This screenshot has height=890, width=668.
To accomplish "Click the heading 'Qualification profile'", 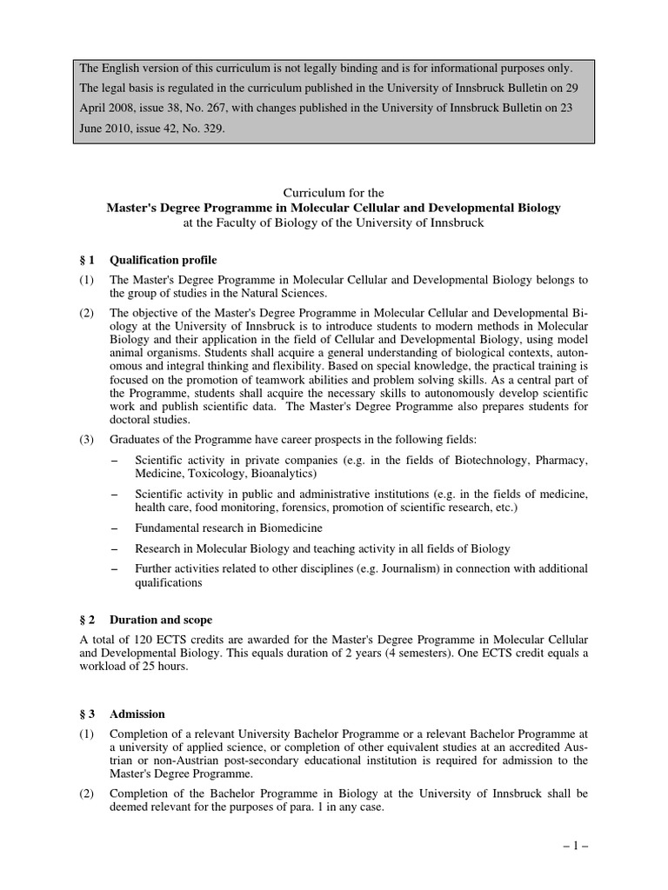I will click(x=164, y=260).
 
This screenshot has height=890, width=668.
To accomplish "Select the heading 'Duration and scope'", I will click(x=161, y=620).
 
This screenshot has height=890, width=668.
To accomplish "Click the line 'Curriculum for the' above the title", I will click(x=334, y=192).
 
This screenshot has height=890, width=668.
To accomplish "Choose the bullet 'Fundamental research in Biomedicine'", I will click(x=229, y=528).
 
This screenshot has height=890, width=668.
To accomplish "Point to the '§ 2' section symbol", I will click(x=86, y=620).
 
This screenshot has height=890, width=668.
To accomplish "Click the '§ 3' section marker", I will click(x=86, y=714).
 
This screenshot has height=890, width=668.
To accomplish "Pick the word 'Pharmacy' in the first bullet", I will click(x=559, y=460).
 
